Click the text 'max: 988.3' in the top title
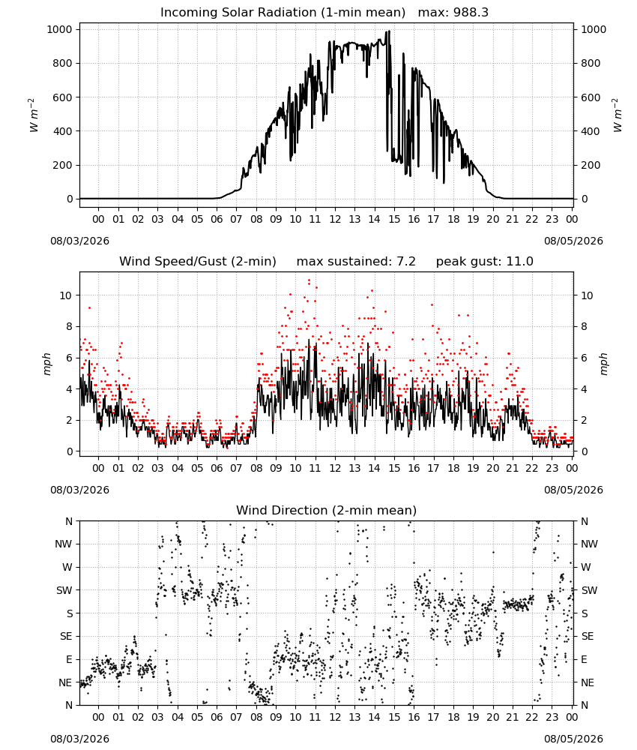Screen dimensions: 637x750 click(x=453, y=13)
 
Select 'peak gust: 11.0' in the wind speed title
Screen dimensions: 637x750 click(x=484, y=262)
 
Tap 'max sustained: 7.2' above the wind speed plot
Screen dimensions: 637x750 click(x=356, y=262)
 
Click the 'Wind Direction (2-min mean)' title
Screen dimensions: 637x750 click(x=327, y=510)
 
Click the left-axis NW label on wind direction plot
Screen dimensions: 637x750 click(x=64, y=544)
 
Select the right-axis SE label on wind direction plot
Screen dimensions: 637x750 click(x=588, y=637)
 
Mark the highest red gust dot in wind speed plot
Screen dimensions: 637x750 click(x=310, y=280)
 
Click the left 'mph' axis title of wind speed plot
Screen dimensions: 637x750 click(x=46, y=364)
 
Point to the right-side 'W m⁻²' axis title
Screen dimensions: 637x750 click(x=617, y=115)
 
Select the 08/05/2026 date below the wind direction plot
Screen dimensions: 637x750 click(x=573, y=739)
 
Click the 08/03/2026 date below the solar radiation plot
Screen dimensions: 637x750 click(x=79, y=241)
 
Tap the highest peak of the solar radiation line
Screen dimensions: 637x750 click(x=389, y=31)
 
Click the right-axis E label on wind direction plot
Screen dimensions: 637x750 click(x=584, y=659)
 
